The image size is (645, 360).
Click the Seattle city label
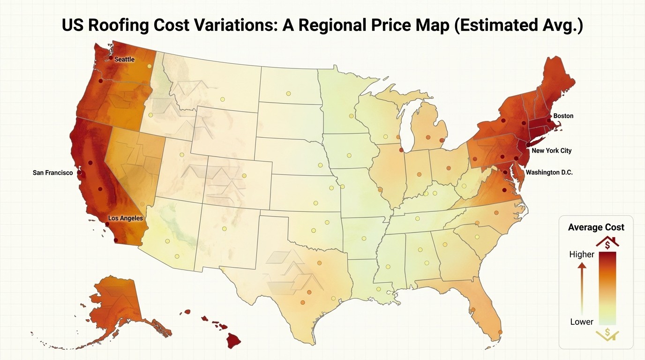click(x=124, y=60)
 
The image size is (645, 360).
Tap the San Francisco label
click(x=52, y=173)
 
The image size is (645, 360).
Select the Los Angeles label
click(x=125, y=218)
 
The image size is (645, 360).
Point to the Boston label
click(x=563, y=116)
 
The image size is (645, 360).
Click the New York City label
click(x=551, y=151)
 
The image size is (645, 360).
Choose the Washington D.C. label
click(x=549, y=172)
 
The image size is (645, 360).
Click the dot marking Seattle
click(x=111, y=58)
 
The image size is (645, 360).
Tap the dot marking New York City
click(x=527, y=145)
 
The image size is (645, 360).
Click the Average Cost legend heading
click(x=596, y=227)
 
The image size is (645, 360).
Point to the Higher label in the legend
click(x=581, y=255)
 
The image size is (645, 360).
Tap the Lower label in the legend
click(x=581, y=322)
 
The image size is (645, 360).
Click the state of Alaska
click(x=117, y=305)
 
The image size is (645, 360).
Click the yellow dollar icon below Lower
click(x=607, y=334)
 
